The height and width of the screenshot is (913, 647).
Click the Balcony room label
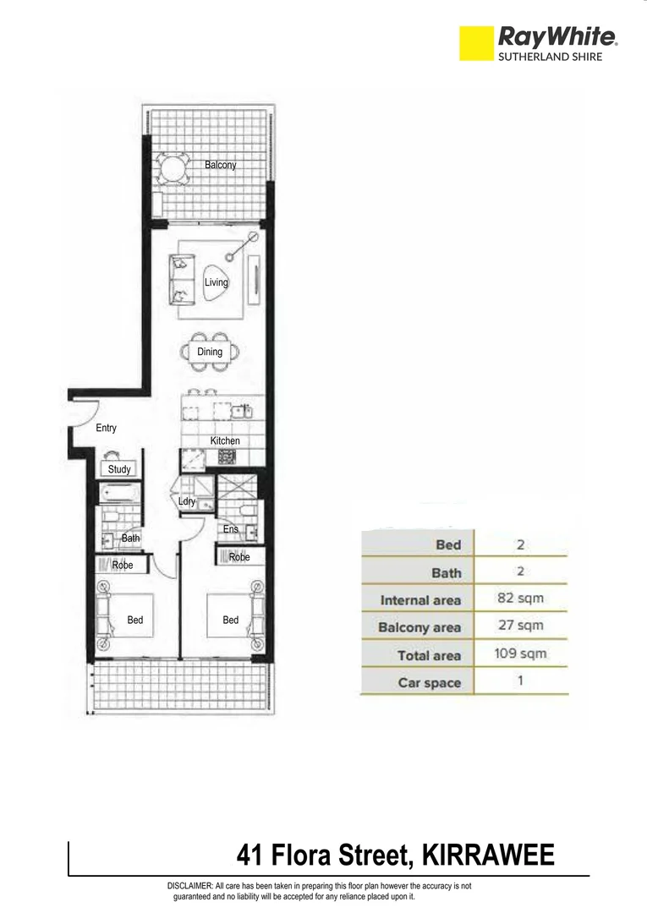[x=220, y=166]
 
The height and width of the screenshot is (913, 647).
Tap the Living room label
[x=217, y=282]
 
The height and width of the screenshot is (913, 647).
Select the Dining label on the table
[x=210, y=352]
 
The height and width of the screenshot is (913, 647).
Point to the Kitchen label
[x=225, y=440]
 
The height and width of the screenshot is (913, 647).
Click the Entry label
[x=106, y=429]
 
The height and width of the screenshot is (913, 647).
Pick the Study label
[x=118, y=469]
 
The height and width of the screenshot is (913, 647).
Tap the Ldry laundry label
[x=187, y=501]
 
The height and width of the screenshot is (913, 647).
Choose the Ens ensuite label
[x=231, y=529]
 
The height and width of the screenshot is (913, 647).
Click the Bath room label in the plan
[x=130, y=538]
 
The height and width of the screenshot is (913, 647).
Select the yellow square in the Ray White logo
[x=475, y=43]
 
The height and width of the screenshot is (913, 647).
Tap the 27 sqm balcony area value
[x=520, y=626]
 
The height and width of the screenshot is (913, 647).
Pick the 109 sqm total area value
[x=520, y=653]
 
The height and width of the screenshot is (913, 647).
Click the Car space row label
[x=430, y=682]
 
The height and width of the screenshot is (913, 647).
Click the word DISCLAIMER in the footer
[x=190, y=885]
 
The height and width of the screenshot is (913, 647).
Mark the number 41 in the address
[x=249, y=856]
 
